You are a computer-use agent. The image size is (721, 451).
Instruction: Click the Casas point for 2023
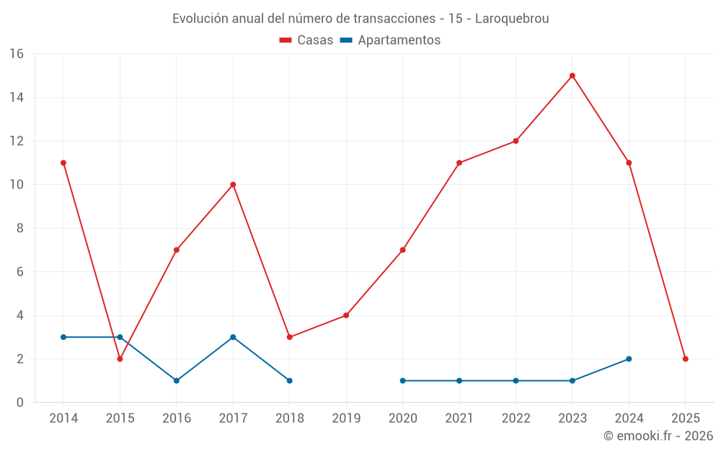click(572, 76)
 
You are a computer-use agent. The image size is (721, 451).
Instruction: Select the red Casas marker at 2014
click(63, 163)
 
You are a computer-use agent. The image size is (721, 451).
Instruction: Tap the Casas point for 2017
click(233, 185)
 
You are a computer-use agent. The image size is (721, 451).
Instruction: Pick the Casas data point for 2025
click(686, 359)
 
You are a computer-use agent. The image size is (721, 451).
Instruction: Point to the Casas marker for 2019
click(346, 315)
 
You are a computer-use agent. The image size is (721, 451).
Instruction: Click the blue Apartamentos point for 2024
click(629, 359)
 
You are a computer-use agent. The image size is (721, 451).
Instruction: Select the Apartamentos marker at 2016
click(177, 380)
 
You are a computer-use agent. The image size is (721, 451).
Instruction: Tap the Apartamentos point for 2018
click(290, 380)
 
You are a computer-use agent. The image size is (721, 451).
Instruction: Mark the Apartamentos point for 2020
click(402, 380)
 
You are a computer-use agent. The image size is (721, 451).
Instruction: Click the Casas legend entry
click(306, 40)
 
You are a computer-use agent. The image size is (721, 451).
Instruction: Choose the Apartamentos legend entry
click(390, 40)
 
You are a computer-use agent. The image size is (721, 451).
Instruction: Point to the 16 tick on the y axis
click(16, 54)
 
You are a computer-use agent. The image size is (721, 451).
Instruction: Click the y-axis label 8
click(19, 228)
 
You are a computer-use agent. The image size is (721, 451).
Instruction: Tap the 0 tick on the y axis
click(19, 403)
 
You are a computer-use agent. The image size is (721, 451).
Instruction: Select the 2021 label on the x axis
click(459, 419)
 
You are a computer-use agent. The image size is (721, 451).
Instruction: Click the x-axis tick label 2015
click(120, 419)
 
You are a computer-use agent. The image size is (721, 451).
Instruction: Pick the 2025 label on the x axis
click(686, 419)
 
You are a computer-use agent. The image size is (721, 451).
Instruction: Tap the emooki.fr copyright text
click(658, 436)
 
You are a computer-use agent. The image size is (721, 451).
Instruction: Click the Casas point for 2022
click(516, 141)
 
